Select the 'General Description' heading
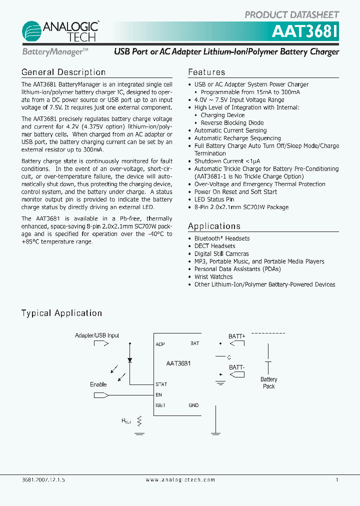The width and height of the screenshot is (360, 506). click(63, 72)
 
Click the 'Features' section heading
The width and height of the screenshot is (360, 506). click(206, 72)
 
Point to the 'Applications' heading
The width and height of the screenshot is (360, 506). click(214, 226)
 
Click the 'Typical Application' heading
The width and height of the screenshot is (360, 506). click(61, 313)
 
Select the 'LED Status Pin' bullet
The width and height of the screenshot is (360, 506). click(214, 199)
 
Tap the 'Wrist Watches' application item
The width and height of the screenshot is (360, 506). click(213, 276)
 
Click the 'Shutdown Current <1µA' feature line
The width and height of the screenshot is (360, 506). click(228, 161)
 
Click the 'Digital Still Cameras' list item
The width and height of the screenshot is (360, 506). click(221, 254)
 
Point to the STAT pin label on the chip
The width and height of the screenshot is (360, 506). click(161, 384)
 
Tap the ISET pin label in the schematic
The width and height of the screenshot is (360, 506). click(160, 405)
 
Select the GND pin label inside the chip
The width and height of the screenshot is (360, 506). click(193, 405)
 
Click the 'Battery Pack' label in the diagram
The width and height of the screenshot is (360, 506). click(268, 383)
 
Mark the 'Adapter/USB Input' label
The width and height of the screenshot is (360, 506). click(97, 335)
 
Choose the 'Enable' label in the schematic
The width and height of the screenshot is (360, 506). click(98, 384)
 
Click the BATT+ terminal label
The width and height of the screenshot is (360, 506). click(237, 336)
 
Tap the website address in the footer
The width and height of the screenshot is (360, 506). click(180, 479)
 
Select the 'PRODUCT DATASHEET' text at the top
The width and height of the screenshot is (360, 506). click(291, 15)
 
